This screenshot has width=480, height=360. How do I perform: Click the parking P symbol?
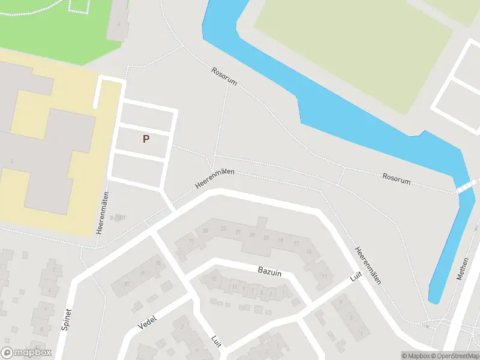(x=146, y=139)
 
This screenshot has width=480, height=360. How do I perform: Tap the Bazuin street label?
(x=270, y=272)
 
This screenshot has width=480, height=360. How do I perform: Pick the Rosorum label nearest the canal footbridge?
(x=397, y=179)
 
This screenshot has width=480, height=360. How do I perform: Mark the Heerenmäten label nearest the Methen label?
(x=368, y=265)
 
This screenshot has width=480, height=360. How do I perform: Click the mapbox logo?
(x=26, y=353)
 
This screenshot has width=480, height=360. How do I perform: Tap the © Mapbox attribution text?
(x=415, y=356)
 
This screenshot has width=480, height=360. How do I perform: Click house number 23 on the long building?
(x=223, y=228)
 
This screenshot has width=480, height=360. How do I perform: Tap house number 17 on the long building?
(x=296, y=242)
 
